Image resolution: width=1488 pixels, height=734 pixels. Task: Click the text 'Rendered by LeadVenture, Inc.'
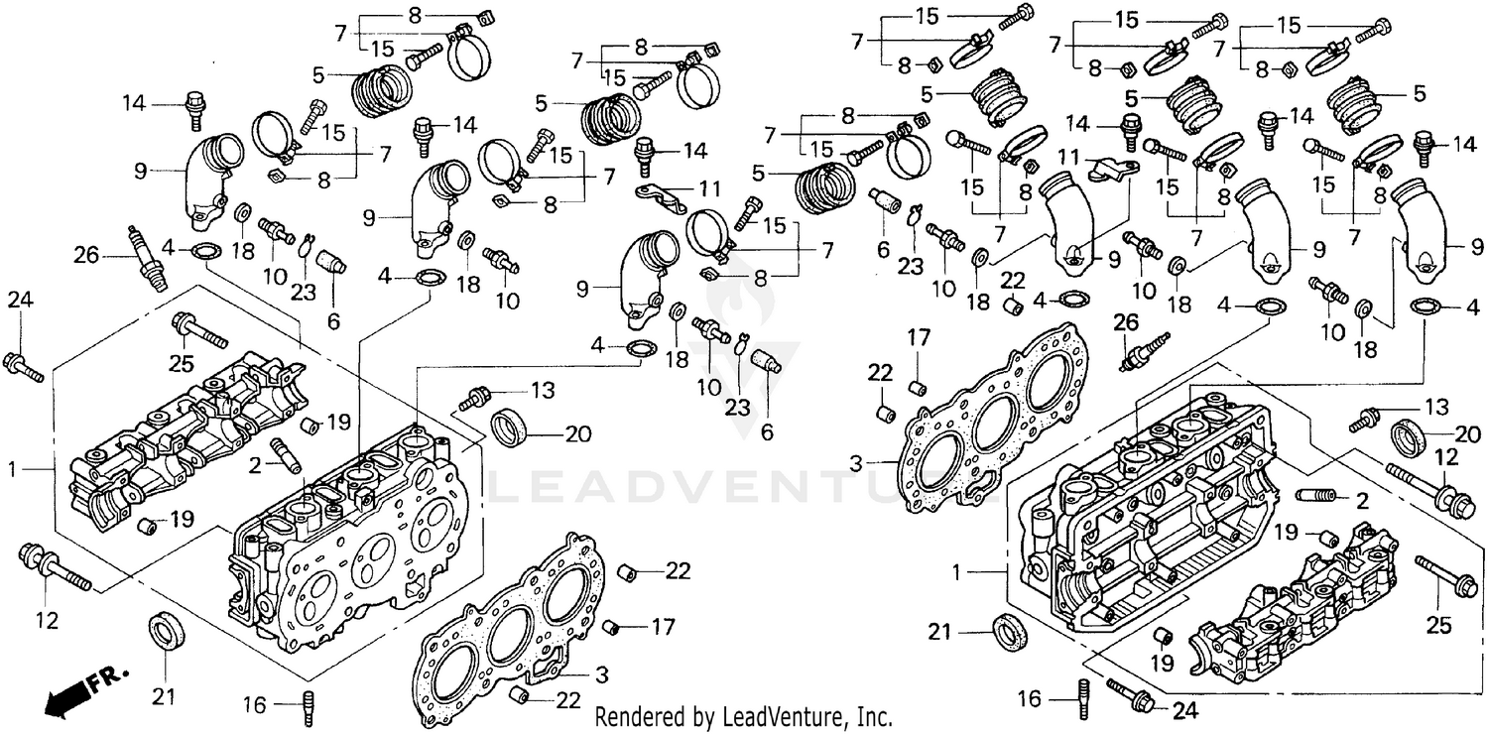743,716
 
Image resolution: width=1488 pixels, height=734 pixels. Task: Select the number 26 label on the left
86,256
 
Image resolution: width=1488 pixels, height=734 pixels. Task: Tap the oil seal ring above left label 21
164,631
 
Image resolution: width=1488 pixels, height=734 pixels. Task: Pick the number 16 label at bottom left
255,704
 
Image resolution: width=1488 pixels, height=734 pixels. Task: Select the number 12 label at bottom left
48,622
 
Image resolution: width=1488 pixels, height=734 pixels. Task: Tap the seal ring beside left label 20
511,428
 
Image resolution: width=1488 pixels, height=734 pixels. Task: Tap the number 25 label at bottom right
1439,625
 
